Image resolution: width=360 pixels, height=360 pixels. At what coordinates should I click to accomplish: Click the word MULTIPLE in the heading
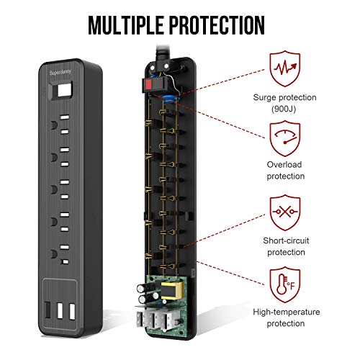(125, 25)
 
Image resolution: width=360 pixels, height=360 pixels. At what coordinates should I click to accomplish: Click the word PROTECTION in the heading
(217, 25)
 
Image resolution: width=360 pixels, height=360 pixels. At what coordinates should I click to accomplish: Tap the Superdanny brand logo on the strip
(60, 72)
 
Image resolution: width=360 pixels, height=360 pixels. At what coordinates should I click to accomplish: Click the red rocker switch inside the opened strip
(148, 84)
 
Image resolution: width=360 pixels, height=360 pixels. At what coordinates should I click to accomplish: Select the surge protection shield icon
(285, 68)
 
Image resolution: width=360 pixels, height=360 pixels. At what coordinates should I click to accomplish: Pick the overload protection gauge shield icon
(285, 139)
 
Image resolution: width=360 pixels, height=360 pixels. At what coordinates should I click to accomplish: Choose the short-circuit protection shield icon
(285, 212)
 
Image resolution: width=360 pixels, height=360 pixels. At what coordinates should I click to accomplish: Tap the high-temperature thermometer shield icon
(285, 284)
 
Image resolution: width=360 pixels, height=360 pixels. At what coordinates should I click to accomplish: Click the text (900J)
(284, 109)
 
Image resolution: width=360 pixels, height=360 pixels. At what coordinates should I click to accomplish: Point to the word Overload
(284, 165)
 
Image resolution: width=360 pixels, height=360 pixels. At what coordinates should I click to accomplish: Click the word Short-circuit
(286, 240)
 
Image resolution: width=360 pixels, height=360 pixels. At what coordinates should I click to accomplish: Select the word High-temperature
(287, 312)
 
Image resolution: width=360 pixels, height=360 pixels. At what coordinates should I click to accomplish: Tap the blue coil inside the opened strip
(170, 99)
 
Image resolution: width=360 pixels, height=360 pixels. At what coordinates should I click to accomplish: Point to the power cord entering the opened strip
(163, 53)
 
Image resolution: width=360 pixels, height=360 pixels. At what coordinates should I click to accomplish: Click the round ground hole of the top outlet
(54, 125)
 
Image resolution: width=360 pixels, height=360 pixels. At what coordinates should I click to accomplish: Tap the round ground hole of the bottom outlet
(54, 254)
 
